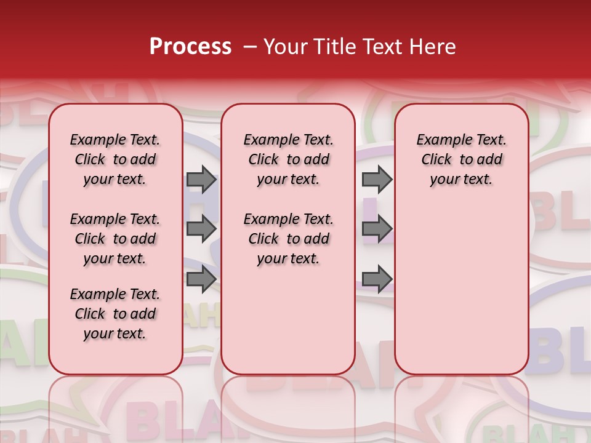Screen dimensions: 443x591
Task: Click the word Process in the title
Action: pos(190,47)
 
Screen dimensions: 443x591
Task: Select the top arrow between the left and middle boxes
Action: pos(201,179)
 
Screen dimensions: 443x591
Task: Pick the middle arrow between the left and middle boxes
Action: pos(201,229)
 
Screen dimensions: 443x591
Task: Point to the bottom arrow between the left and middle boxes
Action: pos(201,279)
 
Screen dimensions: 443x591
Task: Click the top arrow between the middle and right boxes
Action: pos(377,179)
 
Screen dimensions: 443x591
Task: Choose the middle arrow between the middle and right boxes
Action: pos(377,229)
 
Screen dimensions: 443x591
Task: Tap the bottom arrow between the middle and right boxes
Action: pos(377,279)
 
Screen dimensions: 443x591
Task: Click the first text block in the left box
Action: pos(115,159)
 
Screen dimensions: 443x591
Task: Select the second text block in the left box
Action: pos(115,239)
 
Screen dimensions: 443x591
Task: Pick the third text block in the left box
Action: pos(115,314)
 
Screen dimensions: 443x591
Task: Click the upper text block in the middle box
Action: pos(288,159)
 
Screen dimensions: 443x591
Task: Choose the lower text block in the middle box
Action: pos(288,239)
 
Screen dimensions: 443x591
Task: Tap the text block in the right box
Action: pos(461,159)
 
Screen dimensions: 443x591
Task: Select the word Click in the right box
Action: pos(436,160)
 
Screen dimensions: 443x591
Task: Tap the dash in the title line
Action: pos(250,47)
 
